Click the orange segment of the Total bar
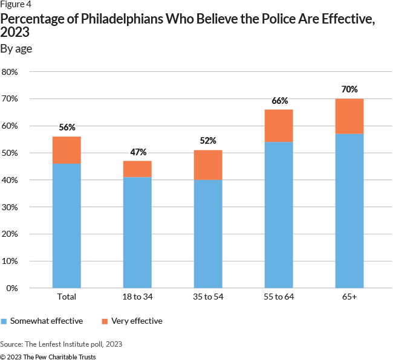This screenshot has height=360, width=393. pyautogui.click(x=67, y=150)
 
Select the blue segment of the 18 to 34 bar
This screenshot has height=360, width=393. pyautogui.click(x=137, y=233)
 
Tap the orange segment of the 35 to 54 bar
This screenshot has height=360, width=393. pyautogui.click(x=208, y=166)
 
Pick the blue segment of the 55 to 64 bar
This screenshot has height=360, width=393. pyautogui.click(x=279, y=215)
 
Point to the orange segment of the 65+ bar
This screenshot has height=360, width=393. pyautogui.click(x=349, y=116)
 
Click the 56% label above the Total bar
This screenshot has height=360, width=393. pyautogui.click(x=67, y=127)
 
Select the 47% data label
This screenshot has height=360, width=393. pyautogui.click(x=137, y=152)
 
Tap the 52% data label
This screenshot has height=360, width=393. pyautogui.click(x=208, y=141)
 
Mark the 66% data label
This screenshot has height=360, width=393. pyautogui.click(x=279, y=101)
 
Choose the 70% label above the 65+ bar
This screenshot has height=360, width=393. pyautogui.click(x=349, y=89)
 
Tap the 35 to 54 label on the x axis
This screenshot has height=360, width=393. pyautogui.click(x=208, y=298)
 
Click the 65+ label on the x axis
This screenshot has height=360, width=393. pyautogui.click(x=349, y=298)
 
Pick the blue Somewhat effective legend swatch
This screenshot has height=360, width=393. pyautogui.click(x=4, y=321)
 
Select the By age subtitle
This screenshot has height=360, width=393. pyautogui.click(x=16, y=49)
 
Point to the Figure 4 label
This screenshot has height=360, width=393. pyautogui.click(x=15, y=5)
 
